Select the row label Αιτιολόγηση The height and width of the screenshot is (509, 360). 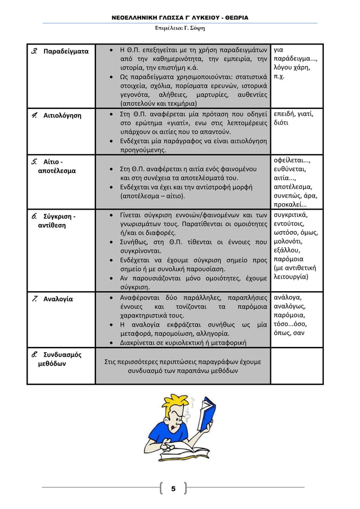tap(62, 116)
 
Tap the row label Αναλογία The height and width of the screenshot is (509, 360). tap(58, 299)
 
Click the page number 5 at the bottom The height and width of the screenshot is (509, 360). tap(173, 488)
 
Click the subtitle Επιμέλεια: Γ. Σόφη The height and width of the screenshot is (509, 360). tap(180, 28)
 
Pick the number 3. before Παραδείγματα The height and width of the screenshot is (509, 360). tap(35, 51)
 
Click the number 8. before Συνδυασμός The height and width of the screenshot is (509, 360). tap(35, 355)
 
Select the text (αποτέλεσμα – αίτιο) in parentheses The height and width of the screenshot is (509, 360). tap(153, 196)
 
